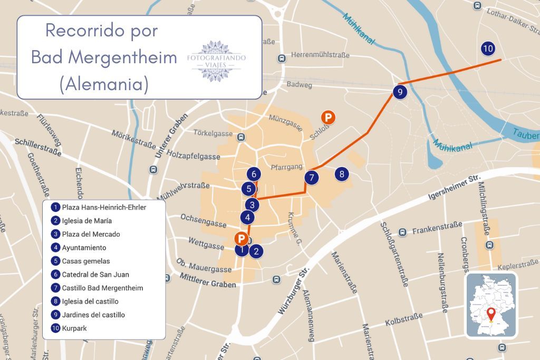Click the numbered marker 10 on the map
[488, 49]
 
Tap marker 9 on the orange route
[400, 92]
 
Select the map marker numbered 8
[342, 173]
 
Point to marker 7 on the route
[312, 178]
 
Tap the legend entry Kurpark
[74, 328]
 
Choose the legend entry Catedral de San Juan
[95, 275]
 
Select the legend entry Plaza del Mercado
[91, 234]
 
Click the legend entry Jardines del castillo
[93, 315]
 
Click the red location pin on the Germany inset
[491, 313]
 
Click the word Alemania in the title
[104, 84]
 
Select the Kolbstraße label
[403, 319]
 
